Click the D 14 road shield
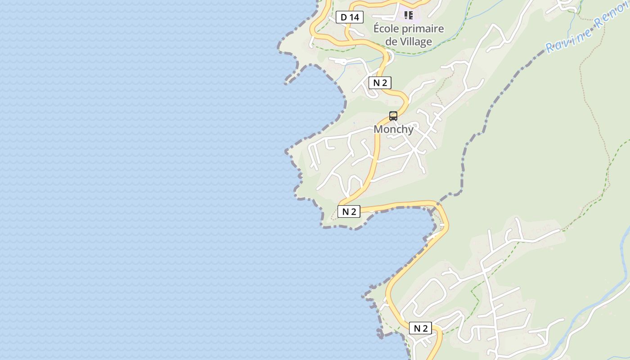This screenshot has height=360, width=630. pos(349,18)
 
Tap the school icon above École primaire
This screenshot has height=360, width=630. pos(409,15)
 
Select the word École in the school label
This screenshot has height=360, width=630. pos(386,29)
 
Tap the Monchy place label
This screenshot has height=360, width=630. pos(393,129)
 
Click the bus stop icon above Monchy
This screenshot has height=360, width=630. pos(393,116)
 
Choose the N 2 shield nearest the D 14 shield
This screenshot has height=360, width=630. pos(380,83)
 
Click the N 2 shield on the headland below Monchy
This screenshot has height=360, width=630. pos(349,211)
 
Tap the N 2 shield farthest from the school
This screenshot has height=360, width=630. pos(420,328)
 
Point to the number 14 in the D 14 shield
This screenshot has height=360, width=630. pos(354,18)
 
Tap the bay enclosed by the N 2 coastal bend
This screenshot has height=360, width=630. pos(396,234)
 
